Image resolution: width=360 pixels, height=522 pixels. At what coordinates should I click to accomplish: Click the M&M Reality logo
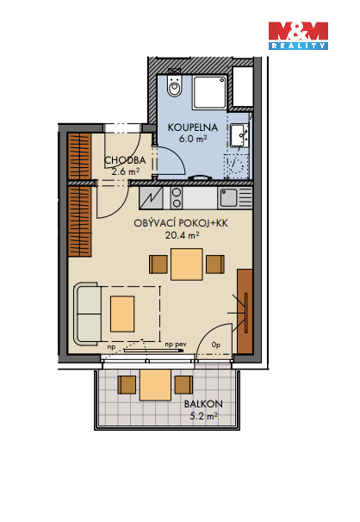[298, 35]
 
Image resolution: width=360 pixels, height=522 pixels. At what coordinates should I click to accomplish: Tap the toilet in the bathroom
[174, 84]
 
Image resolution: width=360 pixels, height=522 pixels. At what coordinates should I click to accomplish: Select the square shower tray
[209, 92]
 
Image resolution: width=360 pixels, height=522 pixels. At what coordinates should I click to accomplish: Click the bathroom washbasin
[239, 135]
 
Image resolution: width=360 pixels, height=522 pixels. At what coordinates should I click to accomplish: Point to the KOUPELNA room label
[193, 127]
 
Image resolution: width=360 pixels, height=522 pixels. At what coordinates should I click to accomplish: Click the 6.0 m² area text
[193, 138]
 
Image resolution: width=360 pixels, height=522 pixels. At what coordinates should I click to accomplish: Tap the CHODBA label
[125, 160]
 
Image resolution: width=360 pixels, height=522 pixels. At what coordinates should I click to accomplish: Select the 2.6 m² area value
[125, 171]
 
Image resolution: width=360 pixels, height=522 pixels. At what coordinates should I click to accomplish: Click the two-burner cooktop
[177, 198]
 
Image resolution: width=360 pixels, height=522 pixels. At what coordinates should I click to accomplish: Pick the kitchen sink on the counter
[229, 198]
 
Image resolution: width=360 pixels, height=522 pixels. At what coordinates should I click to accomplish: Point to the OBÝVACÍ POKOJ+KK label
[181, 223]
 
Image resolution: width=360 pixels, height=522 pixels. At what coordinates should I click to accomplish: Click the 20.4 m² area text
[182, 235]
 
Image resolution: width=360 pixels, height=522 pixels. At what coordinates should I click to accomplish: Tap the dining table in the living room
[187, 264]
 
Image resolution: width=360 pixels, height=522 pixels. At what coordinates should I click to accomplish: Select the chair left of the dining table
[158, 264]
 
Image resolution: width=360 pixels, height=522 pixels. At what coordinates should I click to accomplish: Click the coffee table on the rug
[122, 314]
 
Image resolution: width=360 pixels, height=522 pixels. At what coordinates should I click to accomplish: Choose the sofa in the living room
[88, 314]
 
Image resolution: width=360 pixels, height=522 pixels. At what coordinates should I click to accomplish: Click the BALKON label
[203, 404]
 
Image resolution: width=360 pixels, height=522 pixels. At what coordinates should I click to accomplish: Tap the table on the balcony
[155, 385]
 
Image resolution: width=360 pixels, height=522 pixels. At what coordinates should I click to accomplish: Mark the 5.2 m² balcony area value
[203, 416]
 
